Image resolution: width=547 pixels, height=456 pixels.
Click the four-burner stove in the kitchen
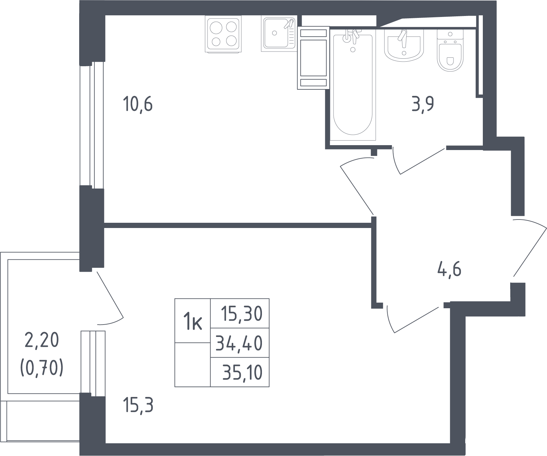pos(223,34)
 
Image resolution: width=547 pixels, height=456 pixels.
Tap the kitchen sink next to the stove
pos(279,34)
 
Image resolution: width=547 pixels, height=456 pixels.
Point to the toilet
pos(450,51)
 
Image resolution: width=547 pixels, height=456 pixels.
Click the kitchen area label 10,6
pos(138,105)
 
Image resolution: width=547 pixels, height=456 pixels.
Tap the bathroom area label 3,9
pos(423,105)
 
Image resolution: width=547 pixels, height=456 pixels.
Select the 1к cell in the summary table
pos(193,321)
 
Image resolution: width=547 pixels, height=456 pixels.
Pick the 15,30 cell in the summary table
pos(240,313)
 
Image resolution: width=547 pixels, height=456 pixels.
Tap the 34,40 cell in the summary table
pos(240,343)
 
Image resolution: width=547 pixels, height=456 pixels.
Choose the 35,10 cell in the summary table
pos(240,372)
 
